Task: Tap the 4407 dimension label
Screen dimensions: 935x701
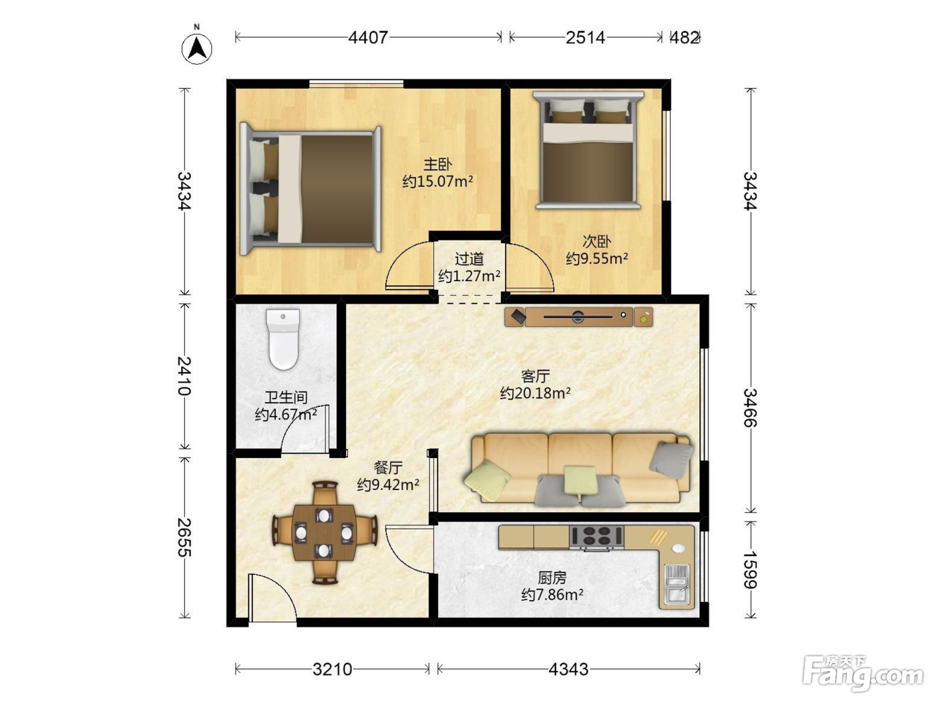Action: click(x=368, y=38)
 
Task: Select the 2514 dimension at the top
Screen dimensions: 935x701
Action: click(x=585, y=38)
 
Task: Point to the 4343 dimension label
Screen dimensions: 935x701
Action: click(x=568, y=670)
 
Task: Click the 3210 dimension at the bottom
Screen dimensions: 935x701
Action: click(x=332, y=670)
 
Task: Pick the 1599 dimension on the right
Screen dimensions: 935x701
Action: click(x=750, y=570)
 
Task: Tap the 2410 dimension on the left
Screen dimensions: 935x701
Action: click(x=184, y=376)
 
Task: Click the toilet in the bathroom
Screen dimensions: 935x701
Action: click(x=283, y=339)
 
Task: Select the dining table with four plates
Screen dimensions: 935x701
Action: click(x=324, y=533)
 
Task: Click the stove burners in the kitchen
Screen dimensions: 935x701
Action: click(x=596, y=537)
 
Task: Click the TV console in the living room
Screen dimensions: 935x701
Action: click(x=578, y=316)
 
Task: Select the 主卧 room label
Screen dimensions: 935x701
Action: click(x=437, y=164)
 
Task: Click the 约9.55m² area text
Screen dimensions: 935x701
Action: click(x=597, y=258)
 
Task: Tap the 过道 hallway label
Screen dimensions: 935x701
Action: click(x=470, y=259)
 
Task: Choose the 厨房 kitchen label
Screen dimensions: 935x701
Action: click(x=552, y=577)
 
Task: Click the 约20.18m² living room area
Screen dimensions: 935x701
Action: click(x=535, y=393)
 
